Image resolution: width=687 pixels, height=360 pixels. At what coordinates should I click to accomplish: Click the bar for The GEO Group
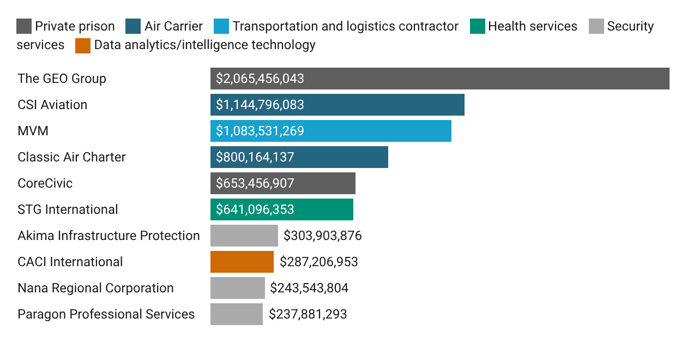point(439,79)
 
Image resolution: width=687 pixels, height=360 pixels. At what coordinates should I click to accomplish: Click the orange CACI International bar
point(242,262)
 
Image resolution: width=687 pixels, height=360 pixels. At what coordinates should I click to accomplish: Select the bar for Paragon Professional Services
point(236,314)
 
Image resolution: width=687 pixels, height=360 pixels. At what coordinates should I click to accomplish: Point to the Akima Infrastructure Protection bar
point(244,236)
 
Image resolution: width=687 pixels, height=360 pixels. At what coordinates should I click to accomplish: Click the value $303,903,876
point(322,236)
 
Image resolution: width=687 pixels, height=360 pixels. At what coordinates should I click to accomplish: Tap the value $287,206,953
point(318,262)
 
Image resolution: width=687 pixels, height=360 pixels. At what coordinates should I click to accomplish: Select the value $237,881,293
point(308,314)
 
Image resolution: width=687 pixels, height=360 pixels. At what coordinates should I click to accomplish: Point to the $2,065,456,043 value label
point(260,79)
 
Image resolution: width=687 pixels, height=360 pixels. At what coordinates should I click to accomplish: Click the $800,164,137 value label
point(255,157)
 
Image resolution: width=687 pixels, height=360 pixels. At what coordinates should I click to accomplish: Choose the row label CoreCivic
point(45,183)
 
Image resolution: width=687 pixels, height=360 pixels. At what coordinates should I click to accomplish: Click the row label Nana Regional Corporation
point(95,288)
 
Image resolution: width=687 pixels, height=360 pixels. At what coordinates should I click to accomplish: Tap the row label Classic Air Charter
point(71,157)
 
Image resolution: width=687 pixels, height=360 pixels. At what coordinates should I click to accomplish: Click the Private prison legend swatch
point(23,26)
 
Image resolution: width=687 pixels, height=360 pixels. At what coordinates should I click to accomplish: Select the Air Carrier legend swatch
point(133,26)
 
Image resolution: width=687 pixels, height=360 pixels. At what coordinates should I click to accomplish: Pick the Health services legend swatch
point(477,26)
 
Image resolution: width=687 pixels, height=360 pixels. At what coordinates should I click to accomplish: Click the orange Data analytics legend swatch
point(83,45)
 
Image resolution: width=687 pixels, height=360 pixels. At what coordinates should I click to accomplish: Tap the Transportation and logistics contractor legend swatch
point(221,26)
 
